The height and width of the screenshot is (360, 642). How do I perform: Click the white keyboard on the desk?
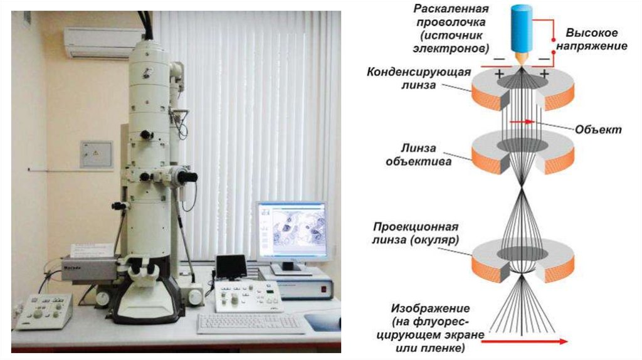coord(250,322)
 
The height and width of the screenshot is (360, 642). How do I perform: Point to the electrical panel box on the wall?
coord(96,154)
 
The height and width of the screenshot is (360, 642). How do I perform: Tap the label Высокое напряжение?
coord(596,39)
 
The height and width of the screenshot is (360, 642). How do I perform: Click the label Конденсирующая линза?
coord(419,78)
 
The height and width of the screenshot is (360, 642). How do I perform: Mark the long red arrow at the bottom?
coord(526,341)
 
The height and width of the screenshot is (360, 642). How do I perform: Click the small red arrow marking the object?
coord(522,122)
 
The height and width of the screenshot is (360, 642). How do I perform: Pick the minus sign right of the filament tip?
coord(543,59)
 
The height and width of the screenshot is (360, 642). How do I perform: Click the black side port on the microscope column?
coord(186,177)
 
